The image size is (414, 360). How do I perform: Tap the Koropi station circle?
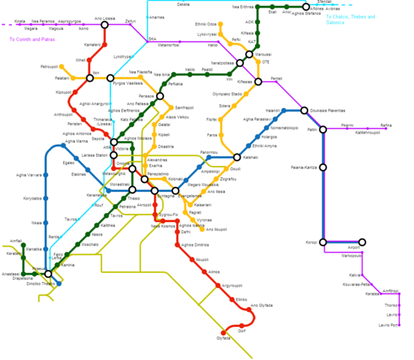323,242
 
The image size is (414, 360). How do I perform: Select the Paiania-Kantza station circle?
323,167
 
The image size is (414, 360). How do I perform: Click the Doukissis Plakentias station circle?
304,110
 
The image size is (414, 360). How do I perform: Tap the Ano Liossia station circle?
104,25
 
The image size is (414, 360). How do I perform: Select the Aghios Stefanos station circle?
306,7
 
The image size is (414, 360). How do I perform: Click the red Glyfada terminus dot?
223,332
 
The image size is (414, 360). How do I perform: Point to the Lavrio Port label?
389,325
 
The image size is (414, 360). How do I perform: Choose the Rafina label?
385,125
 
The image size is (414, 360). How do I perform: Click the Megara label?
31,28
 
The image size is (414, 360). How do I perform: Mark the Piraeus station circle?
48,274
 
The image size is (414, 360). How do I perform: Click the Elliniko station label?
241,300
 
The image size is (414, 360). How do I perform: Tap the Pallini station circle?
323,130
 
